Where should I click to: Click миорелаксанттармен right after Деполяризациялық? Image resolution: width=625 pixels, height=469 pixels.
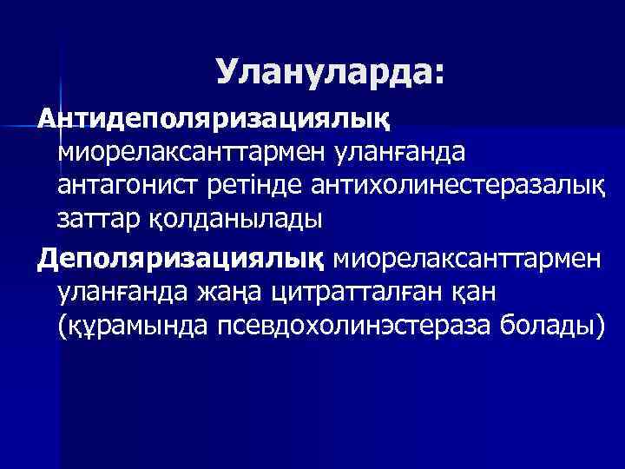tap(464, 258)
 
